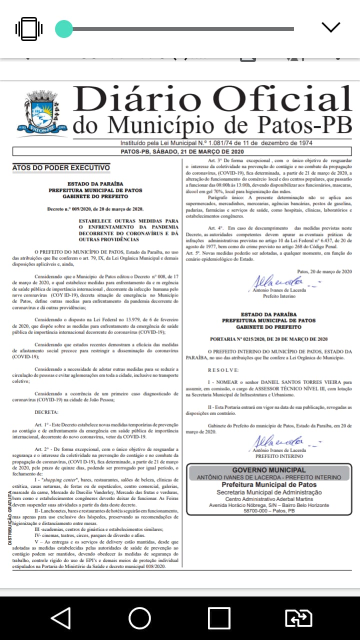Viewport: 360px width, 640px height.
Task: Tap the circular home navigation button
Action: pos(139,618)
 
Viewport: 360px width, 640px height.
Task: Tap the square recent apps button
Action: pos(218,618)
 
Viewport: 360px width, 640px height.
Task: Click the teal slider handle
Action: pos(64,28)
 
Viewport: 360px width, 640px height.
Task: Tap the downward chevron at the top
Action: pos(331,27)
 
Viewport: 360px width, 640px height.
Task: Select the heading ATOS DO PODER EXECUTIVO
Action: pos(61,167)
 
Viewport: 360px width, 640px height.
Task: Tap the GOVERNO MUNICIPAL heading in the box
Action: pos(269,470)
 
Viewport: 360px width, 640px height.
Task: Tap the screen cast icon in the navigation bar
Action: pos(298,618)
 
